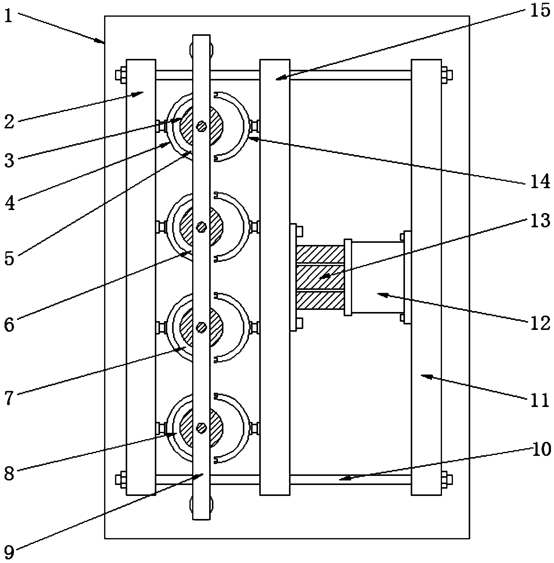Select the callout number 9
coord(9,553)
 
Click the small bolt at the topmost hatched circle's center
coord(202,126)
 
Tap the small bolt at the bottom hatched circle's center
coord(202,428)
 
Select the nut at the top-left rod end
coord(121,75)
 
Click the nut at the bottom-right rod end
coord(447,480)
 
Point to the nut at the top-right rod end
coord(447,75)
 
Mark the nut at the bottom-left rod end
coord(121,480)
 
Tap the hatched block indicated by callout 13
coord(320,277)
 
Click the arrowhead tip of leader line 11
coord(421,375)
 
